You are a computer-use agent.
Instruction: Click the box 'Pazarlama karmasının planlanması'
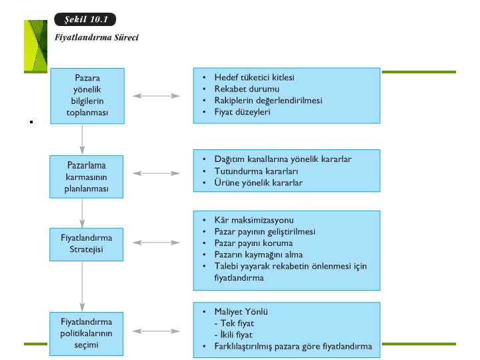coord(81,177)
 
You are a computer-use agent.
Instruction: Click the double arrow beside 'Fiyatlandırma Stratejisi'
coord(155,242)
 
